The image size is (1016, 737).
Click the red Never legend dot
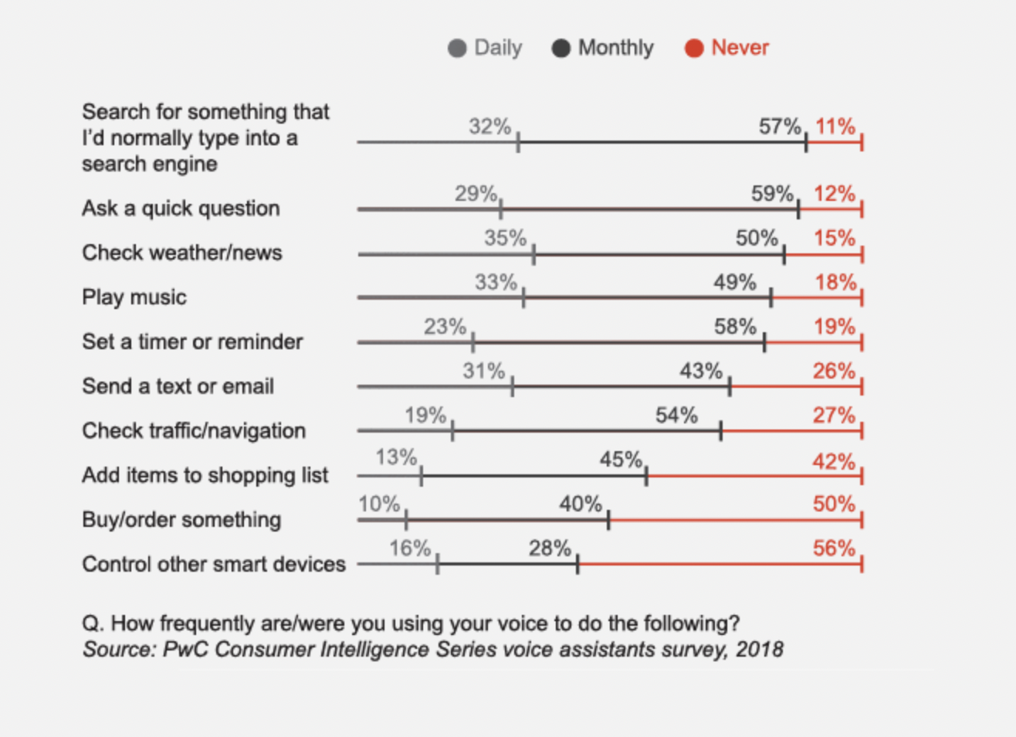(x=694, y=48)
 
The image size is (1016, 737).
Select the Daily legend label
(x=498, y=48)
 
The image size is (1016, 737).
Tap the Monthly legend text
(x=615, y=48)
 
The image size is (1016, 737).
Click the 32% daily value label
(x=489, y=126)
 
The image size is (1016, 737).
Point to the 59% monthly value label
(x=772, y=193)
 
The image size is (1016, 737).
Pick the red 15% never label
(x=834, y=238)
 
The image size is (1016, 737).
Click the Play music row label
(x=134, y=297)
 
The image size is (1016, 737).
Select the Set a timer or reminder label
(x=192, y=341)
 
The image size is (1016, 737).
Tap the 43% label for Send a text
(x=700, y=371)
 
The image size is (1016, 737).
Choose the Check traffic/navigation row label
(x=194, y=430)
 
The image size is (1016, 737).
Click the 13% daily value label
(x=396, y=457)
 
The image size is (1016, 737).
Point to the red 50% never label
(x=834, y=504)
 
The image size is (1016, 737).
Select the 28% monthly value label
(x=550, y=549)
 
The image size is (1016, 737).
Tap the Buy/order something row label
(x=181, y=520)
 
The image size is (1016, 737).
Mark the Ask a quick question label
(x=181, y=209)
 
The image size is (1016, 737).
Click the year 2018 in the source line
(x=759, y=649)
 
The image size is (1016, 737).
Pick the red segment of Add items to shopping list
(x=754, y=476)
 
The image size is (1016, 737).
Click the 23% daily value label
(x=445, y=327)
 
